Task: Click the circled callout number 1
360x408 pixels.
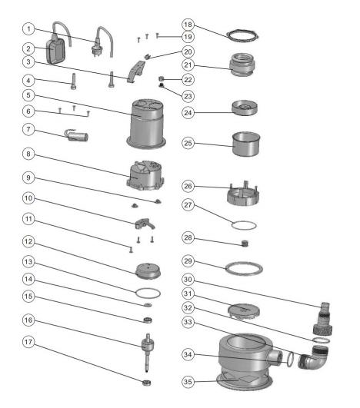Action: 28,28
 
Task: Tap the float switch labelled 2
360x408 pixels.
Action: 55,51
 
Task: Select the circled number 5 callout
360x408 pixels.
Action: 28,95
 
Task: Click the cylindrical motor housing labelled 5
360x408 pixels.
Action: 146,124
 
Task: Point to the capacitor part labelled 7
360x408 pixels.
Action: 77,135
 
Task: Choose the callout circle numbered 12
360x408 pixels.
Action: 28,241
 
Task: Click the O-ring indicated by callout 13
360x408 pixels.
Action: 148,294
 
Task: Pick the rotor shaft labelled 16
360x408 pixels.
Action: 148,353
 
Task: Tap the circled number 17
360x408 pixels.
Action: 28,342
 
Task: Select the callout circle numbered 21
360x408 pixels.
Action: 188,65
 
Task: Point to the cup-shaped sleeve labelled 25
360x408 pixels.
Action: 246,144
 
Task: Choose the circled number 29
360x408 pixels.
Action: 188,261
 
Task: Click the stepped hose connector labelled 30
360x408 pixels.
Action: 323,319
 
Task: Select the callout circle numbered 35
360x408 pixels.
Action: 188,382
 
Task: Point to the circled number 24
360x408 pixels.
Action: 188,113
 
